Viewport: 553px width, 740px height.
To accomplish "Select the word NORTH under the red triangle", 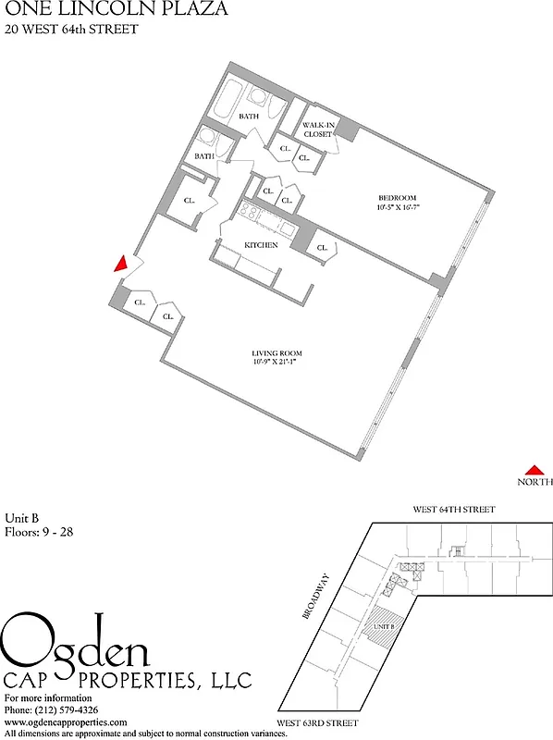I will coord(535,482).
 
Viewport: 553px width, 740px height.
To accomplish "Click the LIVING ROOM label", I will coord(276,353).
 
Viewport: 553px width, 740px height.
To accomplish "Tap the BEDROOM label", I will coord(398,198).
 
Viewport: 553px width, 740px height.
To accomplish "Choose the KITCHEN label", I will coord(261,244).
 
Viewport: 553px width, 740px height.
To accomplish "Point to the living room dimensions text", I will coord(277,363).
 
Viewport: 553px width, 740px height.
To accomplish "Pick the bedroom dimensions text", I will coord(398,207).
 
